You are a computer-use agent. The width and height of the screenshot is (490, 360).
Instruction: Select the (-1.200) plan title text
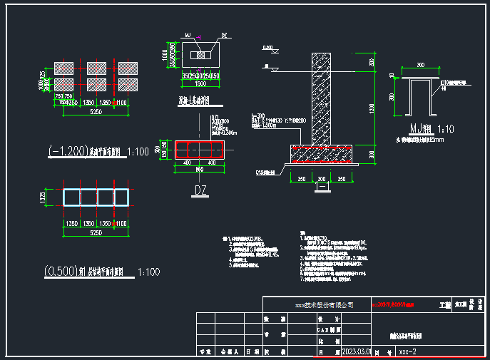[x=63, y=151]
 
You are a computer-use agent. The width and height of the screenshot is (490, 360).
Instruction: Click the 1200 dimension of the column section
[x=372, y=108]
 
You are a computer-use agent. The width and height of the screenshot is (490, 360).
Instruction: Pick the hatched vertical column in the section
[x=322, y=100]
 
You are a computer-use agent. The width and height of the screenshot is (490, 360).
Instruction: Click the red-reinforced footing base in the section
[x=322, y=152]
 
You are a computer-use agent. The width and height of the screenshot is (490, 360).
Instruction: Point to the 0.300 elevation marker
[x=267, y=48]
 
